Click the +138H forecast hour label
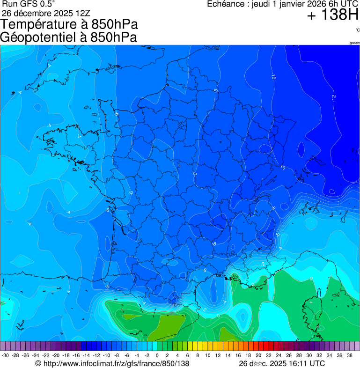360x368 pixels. [332, 15]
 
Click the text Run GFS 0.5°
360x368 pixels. [29, 4]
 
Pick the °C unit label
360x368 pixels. [357, 30]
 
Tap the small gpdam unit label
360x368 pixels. [354, 43]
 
